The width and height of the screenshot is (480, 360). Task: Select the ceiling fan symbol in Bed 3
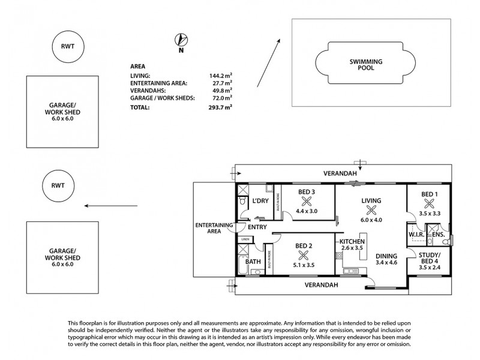pos(308,202)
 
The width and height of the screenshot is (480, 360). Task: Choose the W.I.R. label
pos(417,235)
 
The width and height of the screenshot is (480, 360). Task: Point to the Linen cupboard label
pos(244,240)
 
